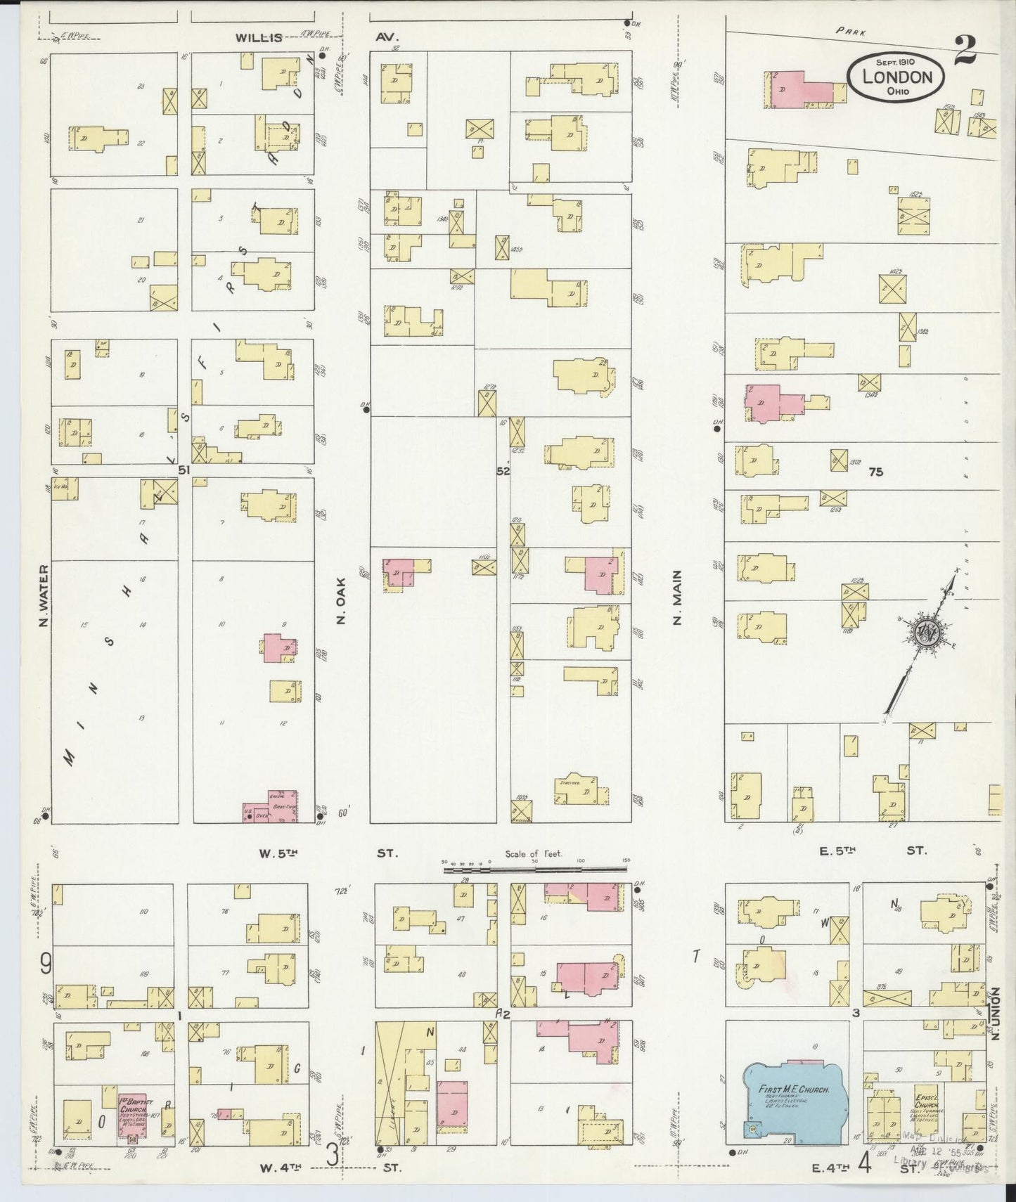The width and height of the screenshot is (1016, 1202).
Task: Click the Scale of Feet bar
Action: coord(534,870)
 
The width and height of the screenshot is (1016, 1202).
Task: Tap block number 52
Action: coord(503,472)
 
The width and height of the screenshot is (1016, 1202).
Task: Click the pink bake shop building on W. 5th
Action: coord(271,807)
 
